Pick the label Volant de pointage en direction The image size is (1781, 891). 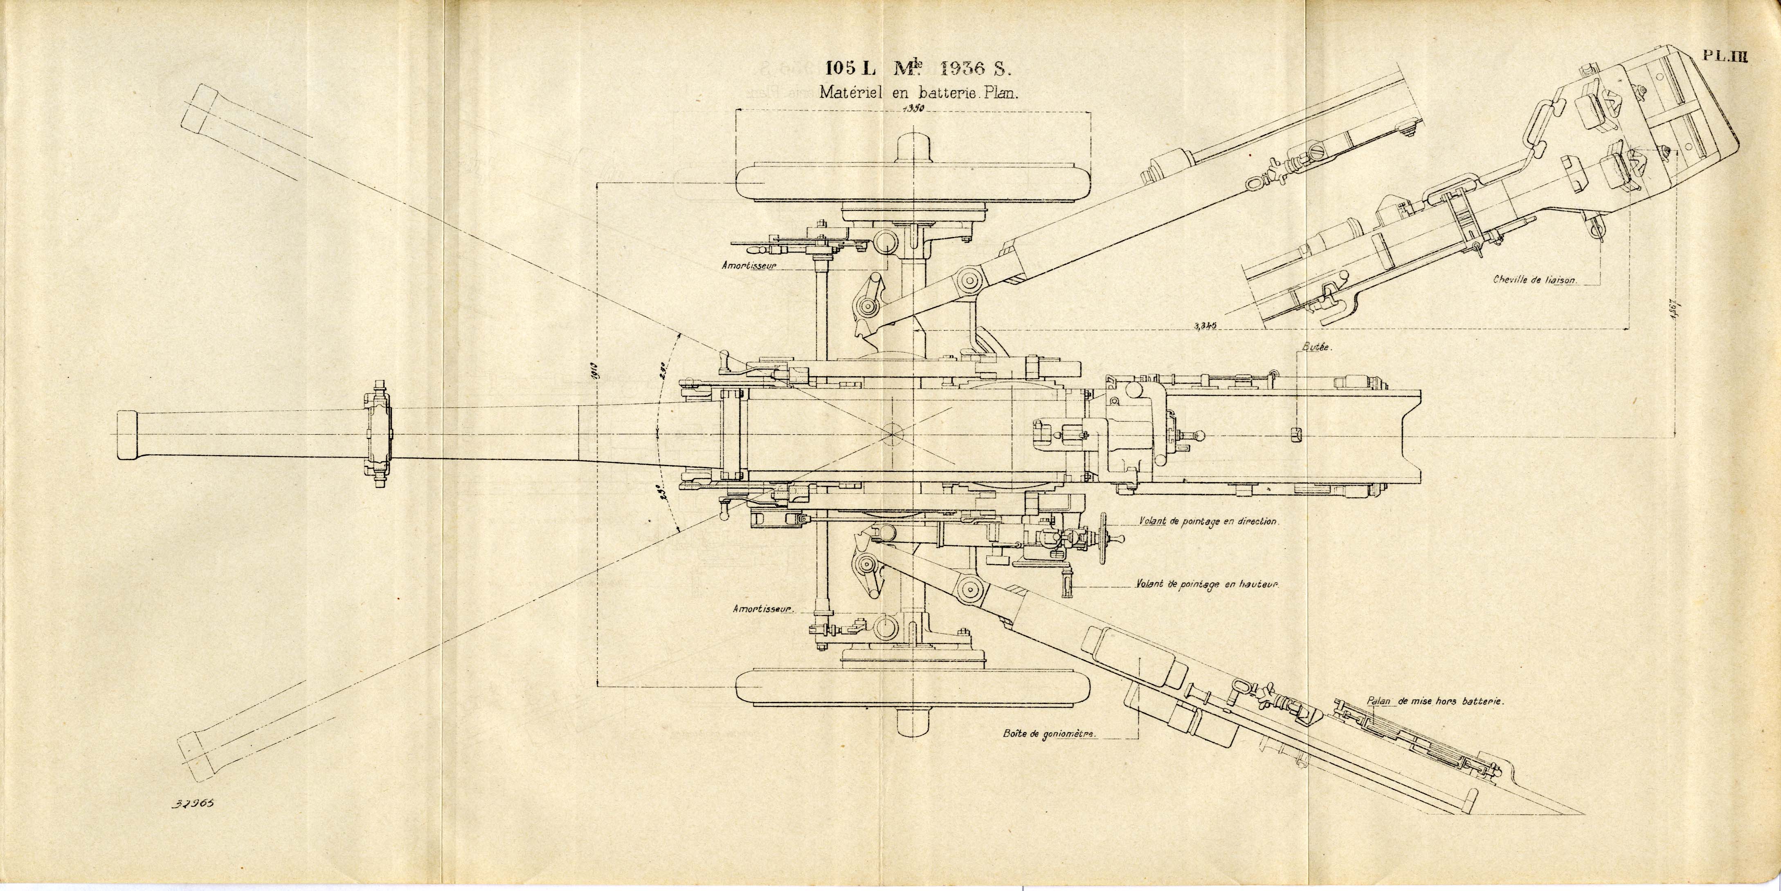coord(1208,521)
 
